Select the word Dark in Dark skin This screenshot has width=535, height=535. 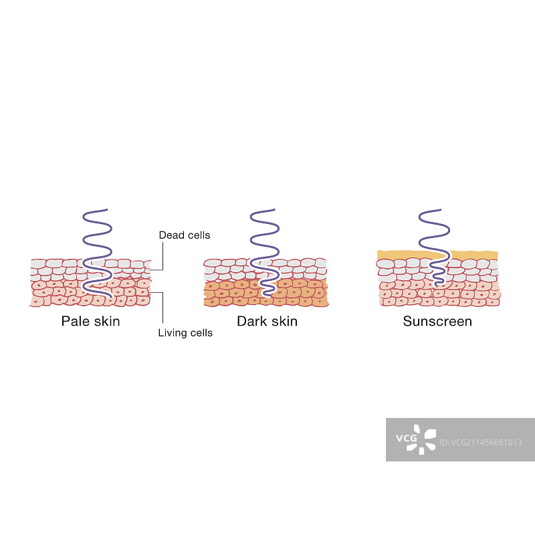pyautogui.click(x=251, y=321)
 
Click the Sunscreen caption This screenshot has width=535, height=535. pyautogui.click(x=437, y=321)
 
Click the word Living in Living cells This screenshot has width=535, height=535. pyautogui.click(x=173, y=332)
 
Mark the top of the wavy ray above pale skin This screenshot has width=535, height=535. pyautogui.click(x=85, y=213)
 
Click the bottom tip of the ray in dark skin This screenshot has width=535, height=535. pyautogui.click(x=272, y=295)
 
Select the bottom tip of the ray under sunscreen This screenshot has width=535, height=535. pyautogui.click(x=437, y=284)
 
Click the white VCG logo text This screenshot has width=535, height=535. pyautogui.click(x=406, y=439)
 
